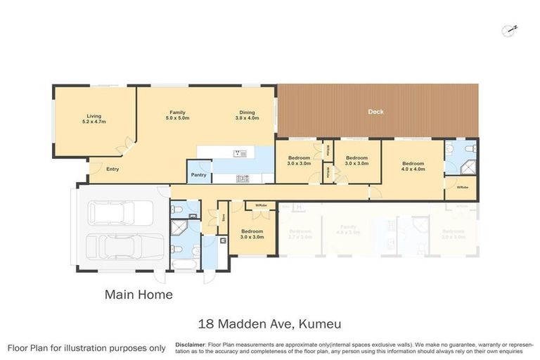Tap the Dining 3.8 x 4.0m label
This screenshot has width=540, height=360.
[x=247, y=115]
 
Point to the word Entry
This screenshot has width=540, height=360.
[x=112, y=169]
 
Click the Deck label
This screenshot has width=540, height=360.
[x=376, y=112]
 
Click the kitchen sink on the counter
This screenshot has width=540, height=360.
[x=237, y=153]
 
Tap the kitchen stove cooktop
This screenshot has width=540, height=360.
[x=243, y=177]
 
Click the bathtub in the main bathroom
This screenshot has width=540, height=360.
[x=184, y=264]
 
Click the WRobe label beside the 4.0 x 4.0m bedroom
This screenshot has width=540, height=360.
[x=462, y=187]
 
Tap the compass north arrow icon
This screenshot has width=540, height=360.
[x=509, y=30]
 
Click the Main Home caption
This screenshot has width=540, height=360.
[x=139, y=295]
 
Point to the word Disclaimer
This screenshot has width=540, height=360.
[x=190, y=345]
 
